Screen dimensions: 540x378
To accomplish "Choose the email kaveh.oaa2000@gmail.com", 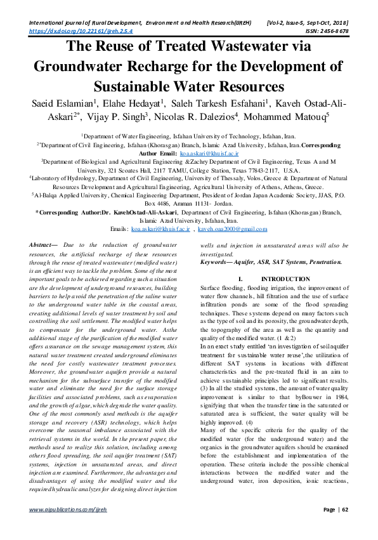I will coord(232,229).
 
